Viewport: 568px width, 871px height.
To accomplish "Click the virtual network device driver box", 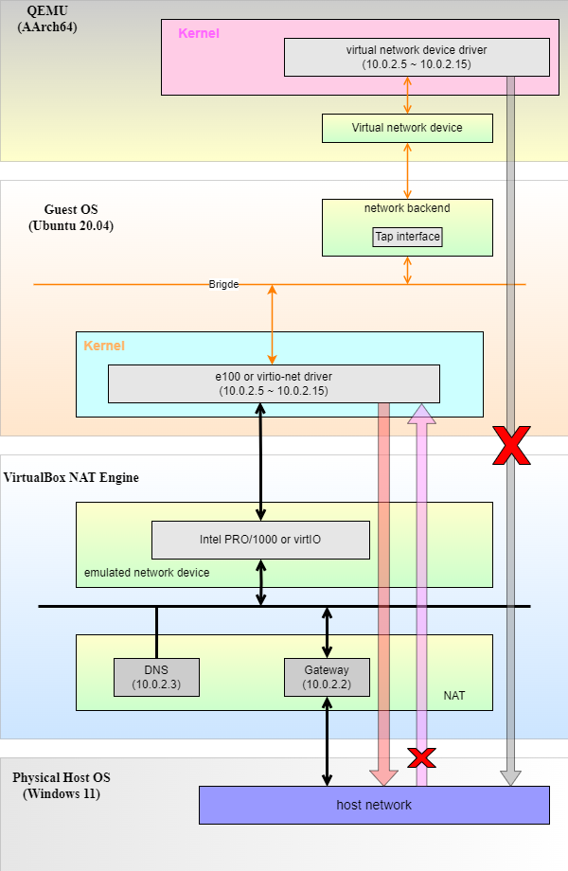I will [x=417, y=57].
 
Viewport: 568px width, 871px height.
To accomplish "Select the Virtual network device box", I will [x=407, y=128].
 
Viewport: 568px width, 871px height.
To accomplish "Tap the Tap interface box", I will [x=407, y=237].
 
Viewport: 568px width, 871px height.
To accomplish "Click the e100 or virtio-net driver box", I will [x=274, y=383].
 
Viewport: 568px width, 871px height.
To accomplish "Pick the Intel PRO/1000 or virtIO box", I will [x=260, y=540].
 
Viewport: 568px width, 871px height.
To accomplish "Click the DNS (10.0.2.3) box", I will [x=156, y=677].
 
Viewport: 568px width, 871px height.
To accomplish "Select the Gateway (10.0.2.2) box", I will [x=327, y=677].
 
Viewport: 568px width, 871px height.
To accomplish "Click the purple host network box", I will [x=374, y=805].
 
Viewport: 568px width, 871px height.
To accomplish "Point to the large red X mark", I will [x=511, y=445].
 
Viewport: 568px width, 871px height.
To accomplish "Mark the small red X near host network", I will [x=421, y=756].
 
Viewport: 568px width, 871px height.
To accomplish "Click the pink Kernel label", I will [x=199, y=33].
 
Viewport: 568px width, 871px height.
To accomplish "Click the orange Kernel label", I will [x=104, y=346].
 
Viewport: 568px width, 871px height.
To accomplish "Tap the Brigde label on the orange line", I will [x=223, y=284].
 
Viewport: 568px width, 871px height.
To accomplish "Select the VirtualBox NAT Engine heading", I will [x=72, y=477].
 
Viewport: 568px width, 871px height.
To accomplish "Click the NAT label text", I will [x=454, y=696].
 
